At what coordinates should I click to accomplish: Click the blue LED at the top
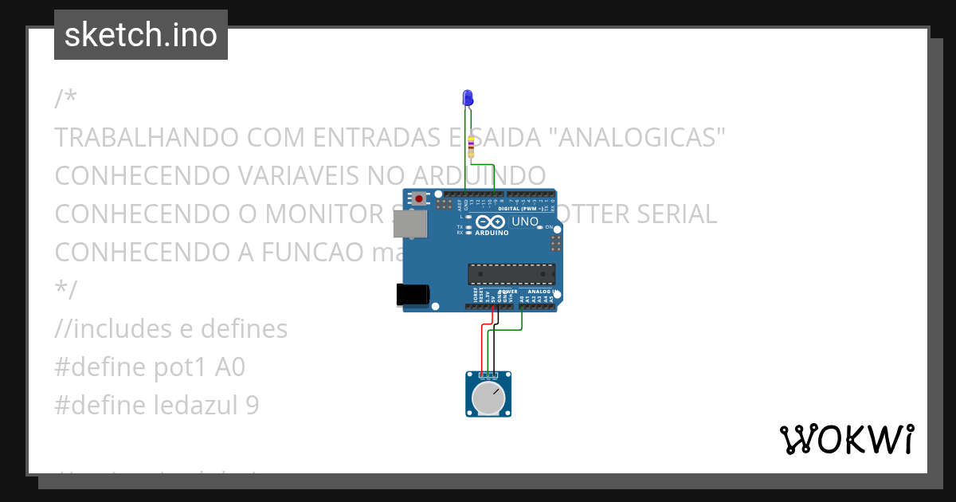[468, 98]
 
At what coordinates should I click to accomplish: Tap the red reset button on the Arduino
[418, 198]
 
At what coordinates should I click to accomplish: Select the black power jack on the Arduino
[413, 294]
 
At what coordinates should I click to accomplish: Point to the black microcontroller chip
[511, 273]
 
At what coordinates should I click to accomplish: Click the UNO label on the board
[524, 222]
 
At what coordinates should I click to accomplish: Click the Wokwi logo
[846, 439]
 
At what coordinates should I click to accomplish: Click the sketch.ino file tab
[141, 35]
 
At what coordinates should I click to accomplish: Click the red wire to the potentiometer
[481, 347]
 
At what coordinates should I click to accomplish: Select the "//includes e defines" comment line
[171, 328]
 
